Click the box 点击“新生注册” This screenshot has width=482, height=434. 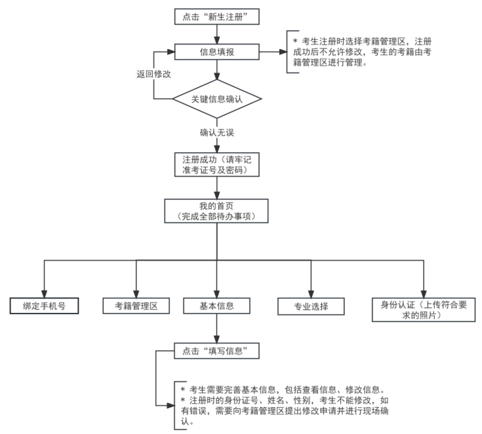coord(216,16)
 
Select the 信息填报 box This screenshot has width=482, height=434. coord(216,50)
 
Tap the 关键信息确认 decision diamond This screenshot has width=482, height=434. coord(216,99)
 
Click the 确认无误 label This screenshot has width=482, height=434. coord(217,132)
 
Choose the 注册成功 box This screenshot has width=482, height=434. coord(216,165)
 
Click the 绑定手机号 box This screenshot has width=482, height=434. coord(45,306)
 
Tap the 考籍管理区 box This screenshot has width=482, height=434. coord(136,306)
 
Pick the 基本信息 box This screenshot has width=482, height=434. coord(216,306)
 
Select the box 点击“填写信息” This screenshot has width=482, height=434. coord(216,352)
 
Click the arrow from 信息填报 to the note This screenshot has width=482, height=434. coord(273,50)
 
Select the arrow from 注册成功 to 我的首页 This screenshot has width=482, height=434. coord(216,187)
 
